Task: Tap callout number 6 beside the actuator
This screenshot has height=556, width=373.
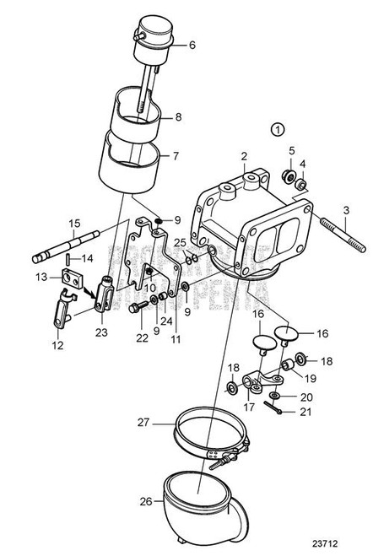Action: pos(191,45)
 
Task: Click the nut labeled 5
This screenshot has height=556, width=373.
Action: pos(289,177)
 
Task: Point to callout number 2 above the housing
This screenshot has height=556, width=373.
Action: pos(244,157)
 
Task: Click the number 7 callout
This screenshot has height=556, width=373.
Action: pos(176,156)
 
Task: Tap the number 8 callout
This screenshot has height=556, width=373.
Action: pos(178,118)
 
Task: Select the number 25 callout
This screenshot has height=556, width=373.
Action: pos(179,243)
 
